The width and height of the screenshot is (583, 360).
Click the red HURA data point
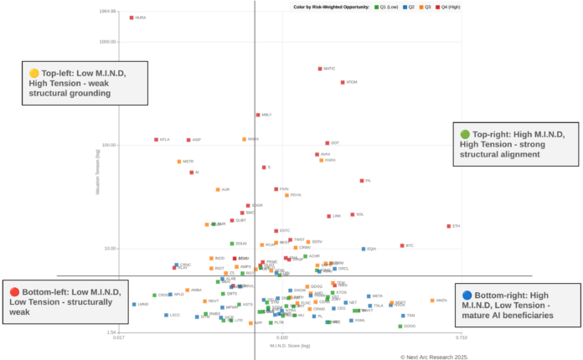coord(132,17)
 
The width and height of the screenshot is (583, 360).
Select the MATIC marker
coord(320,69)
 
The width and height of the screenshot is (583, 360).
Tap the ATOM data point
coord(343,82)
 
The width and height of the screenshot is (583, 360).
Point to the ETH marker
coord(449,226)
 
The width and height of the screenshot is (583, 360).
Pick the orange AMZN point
coord(432,300)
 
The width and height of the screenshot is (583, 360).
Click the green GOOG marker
coord(400,326)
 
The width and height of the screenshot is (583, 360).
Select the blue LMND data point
coord(134,304)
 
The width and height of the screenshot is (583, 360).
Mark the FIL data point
coord(362,180)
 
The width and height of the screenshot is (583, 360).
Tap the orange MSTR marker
coord(179,162)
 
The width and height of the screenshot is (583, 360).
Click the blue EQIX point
coord(364,249)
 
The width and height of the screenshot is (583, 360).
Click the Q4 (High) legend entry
coord(448,7)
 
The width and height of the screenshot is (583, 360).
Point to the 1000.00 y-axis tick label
coord(107,41)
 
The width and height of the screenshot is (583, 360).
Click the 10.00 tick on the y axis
coord(110,249)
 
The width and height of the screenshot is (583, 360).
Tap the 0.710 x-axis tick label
coord(460,338)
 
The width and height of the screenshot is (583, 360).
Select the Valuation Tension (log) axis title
coord(98,175)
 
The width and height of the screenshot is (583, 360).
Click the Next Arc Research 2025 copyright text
coord(434,356)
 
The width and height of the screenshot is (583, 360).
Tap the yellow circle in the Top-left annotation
coord(34,73)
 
